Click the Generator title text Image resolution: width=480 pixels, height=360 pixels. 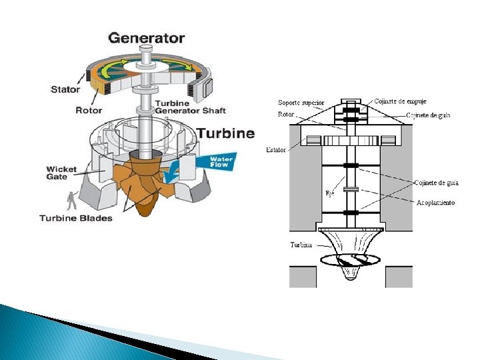(x=147, y=38)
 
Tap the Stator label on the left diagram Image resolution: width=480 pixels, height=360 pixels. (x=65, y=89)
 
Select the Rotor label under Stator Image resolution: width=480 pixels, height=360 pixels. (x=89, y=110)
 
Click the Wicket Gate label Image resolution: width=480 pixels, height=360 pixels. (x=61, y=173)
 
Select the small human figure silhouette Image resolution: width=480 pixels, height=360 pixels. (x=72, y=201)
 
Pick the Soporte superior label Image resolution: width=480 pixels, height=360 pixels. (x=301, y=103)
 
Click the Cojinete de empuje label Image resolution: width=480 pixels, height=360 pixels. (x=400, y=101)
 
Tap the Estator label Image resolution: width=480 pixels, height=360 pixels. (x=276, y=150)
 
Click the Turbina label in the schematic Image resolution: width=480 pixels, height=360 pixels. (x=301, y=245)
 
